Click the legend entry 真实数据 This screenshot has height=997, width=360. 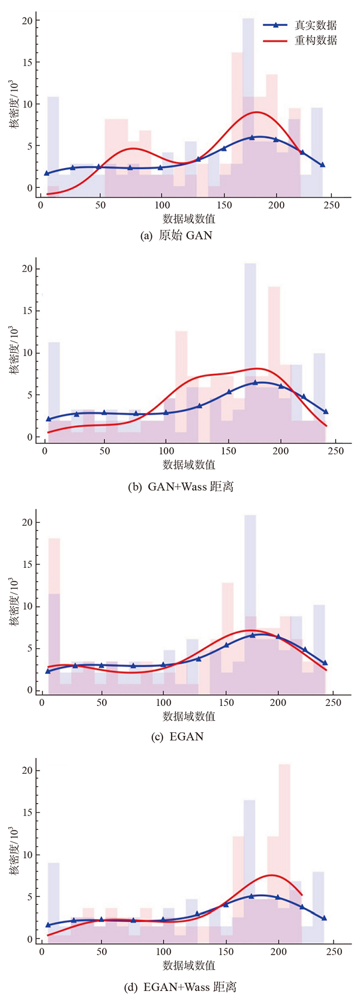coord(315,25)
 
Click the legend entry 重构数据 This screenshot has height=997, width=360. coord(315,41)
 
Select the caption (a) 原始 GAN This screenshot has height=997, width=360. coord(176,235)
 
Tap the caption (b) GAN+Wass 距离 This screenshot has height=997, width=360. coord(181,487)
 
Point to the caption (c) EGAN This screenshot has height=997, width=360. coord(177,736)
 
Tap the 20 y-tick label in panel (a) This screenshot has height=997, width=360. coord(26,20)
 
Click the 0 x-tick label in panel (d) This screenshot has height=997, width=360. coord(41,952)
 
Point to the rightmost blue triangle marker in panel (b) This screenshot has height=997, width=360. coord(325,412)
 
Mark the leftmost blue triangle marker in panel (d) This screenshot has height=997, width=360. coord(48,925)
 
